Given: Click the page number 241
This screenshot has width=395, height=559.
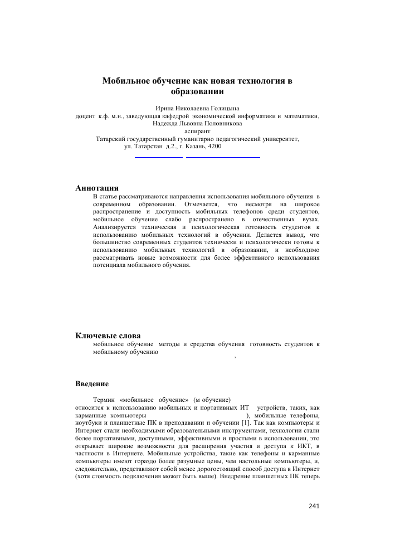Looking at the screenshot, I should [x=314, y=506].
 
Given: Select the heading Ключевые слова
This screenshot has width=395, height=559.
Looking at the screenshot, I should [x=108, y=335].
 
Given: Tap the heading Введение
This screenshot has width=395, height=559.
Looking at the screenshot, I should [x=92, y=384].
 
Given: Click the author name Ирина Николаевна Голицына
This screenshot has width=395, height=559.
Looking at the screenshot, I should [x=197, y=109].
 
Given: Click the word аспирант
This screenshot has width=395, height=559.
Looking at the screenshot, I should [x=197, y=132].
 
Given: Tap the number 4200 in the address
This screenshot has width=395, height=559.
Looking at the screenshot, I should [x=214, y=147].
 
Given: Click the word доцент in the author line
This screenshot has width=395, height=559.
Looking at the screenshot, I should [x=85, y=116].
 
